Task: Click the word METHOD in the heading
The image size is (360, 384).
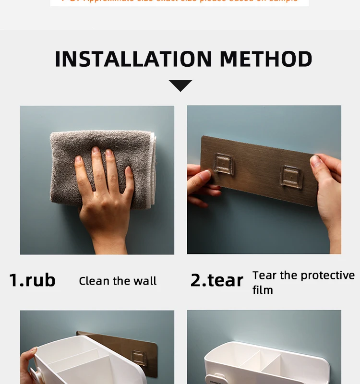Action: [x=266, y=59]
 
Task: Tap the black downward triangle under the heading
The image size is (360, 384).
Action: [x=180, y=85]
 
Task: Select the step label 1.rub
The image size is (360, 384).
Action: [x=32, y=280]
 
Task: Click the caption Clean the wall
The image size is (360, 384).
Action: [x=118, y=281]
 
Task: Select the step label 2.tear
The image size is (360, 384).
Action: [x=216, y=280]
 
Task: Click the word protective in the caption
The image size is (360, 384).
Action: [x=327, y=275]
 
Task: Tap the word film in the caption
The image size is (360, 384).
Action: [x=263, y=290]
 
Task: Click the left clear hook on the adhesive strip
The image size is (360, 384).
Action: [x=224, y=163]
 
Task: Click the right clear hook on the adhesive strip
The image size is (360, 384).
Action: [x=291, y=176]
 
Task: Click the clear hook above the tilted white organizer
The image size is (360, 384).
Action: [x=139, y=357]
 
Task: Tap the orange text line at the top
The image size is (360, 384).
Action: [x=180, y=1]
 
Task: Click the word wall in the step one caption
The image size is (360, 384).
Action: [x=145, y=281]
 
